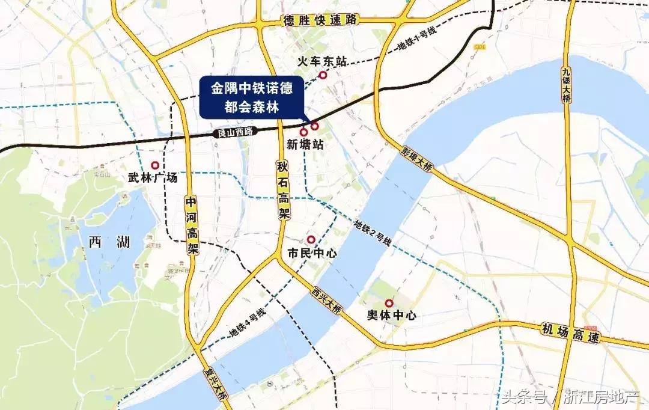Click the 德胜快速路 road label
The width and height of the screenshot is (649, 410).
(x=320, y=20)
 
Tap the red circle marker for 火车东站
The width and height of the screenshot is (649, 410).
(x=323, y=75)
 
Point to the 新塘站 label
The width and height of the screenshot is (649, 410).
(x=305, y=145)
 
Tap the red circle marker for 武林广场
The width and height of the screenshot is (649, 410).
(x=155, y=165)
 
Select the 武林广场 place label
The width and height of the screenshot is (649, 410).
(x=153, y=178)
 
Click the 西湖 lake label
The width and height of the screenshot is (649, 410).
(x=109, y=242)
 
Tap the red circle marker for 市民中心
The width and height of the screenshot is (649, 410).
(x=311, y=239)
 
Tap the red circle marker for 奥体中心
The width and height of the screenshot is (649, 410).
(x=389, y=303)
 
